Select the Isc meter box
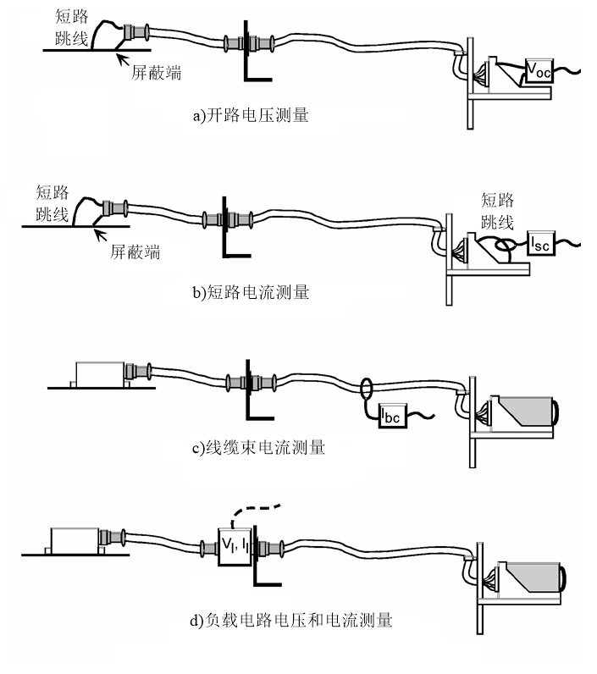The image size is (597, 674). pos(543,244)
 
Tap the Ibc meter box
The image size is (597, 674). pos(392,416)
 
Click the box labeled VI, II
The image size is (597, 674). pos(236,543)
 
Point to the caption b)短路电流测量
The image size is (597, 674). pos(251,293)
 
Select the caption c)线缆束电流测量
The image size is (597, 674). pos(259,447)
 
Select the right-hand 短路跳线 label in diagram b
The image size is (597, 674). pos(498,211)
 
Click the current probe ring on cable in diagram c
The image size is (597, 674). pos(368,390)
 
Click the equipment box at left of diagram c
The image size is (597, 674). pos(100,373)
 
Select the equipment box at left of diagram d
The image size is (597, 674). pos(75,539)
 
